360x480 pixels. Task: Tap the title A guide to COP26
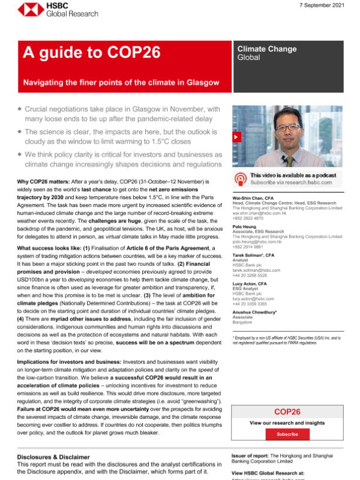(x=91, y=53)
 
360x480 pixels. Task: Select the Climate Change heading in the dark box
(x=266, y=49)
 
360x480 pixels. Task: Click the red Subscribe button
(x=287, y=434)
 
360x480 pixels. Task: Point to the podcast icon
(x=241, y=178)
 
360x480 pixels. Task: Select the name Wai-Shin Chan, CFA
(x=256, y=197)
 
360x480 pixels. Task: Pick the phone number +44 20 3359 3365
(x=253, y=304)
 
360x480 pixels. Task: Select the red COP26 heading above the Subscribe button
(x=287, y=412)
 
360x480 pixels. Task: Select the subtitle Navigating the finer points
(x=121, y=82)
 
